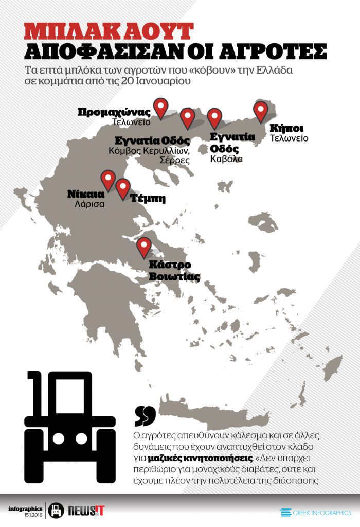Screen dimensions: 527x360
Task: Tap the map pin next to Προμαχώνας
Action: coord(161,108)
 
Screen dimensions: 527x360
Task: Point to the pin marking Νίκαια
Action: coord(108,180)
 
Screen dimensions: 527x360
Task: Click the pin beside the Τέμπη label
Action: coord(123,188)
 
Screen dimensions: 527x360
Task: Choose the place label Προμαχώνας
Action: coord(114,112)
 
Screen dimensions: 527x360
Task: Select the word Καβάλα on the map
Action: coord(226,159)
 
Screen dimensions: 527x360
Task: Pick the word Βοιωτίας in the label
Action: coord(174,276)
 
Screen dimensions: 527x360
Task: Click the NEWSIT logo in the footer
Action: coord(86,511)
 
